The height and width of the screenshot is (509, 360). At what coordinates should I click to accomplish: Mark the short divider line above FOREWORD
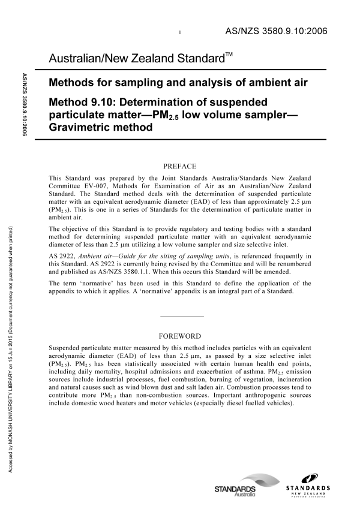(x=182, y=316)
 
